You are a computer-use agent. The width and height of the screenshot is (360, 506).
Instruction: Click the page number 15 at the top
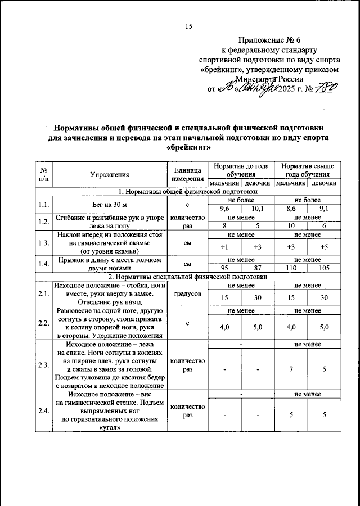[188, 26]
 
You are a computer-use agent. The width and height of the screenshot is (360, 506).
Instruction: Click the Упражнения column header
[106, 175]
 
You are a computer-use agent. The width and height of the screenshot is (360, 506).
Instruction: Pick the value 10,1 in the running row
[257, 209]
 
